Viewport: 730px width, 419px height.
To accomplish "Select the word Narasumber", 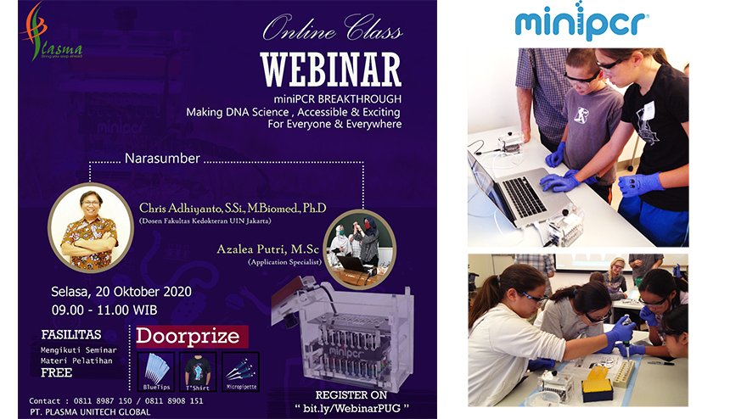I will point(161,158).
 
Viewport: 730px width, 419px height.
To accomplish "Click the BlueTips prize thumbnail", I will point(154,370).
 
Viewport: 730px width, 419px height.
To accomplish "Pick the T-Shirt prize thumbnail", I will point(197,370).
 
